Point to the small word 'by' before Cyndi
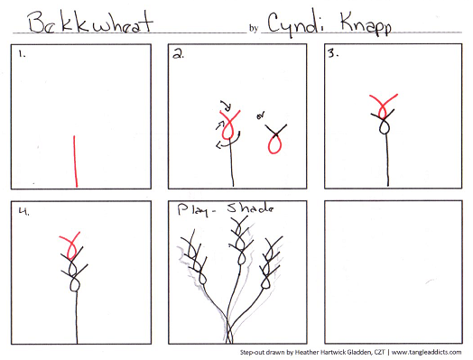click(253, 28)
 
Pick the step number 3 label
click(332, 54)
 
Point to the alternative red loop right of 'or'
click(275, 136)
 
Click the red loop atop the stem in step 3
click(385, 106)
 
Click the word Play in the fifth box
click(195, 210)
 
